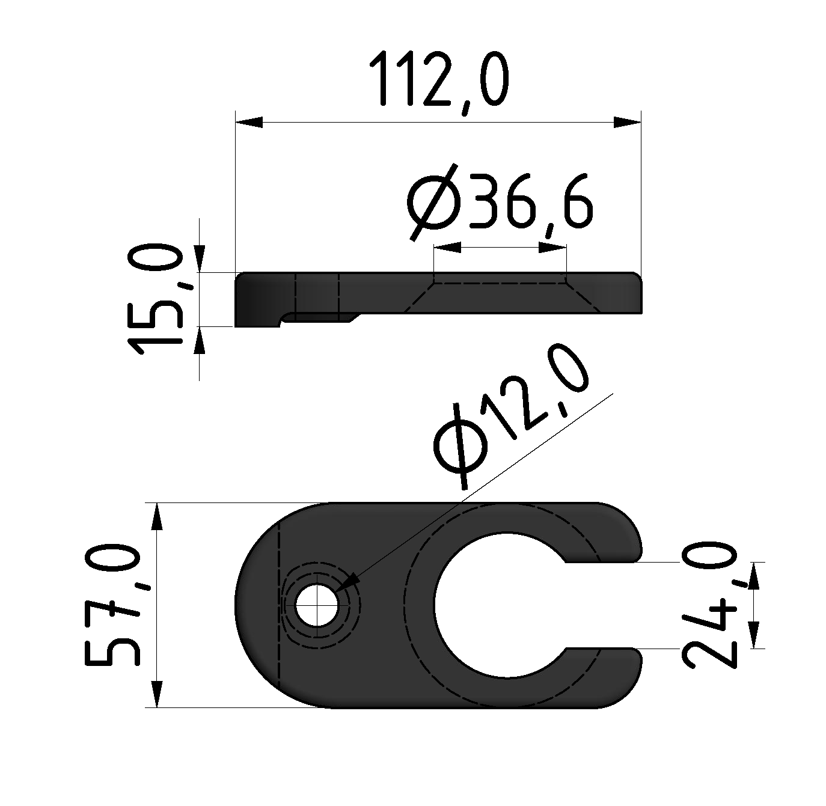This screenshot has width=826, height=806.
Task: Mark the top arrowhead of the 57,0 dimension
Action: click(x=156, y=517)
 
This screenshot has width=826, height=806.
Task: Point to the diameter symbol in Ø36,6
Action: click(x=432, y=201)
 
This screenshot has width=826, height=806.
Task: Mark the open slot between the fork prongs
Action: click(x=601, y=605)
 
